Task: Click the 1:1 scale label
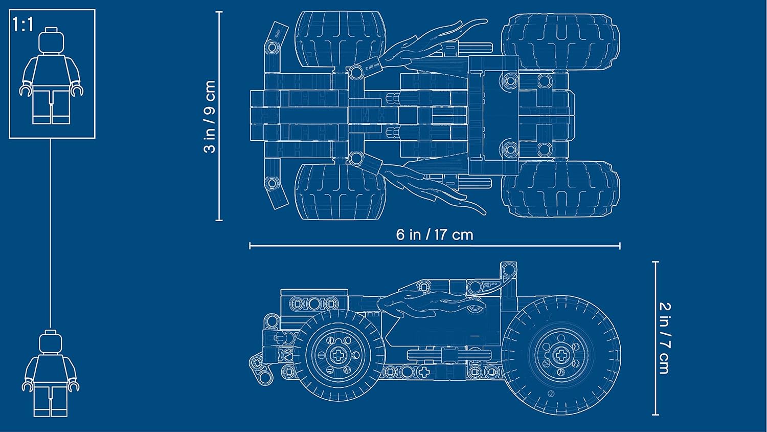click(23, 24)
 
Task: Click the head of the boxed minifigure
click(52, 40)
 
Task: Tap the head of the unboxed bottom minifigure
click(51, 341)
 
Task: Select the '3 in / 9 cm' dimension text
click(210, 117)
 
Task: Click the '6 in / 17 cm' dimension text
click(435, 235)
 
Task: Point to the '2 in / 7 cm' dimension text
click(664, 338)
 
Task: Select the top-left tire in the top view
click(340, 38)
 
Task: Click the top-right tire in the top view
click(560, 41)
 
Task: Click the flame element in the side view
click(430, 302)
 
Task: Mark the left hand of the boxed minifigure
click(25, 91)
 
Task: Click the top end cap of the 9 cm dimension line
click(219, 12)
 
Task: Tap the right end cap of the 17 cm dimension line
click(620, 246)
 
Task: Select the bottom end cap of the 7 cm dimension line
click(656, 415)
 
